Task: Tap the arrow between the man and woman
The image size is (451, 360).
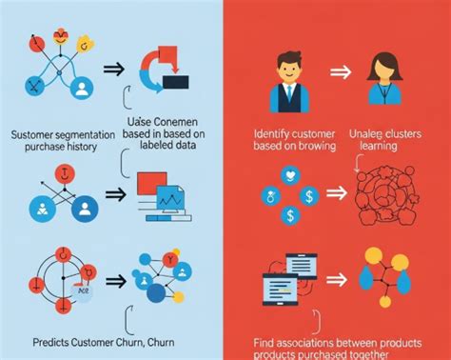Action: pyautogui.click(x=337, y=72)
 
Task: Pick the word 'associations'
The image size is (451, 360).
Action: pyautogui.click(x=309, y=342)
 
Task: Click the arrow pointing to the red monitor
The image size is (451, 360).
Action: pyautogui.click(x=114, y=194)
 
